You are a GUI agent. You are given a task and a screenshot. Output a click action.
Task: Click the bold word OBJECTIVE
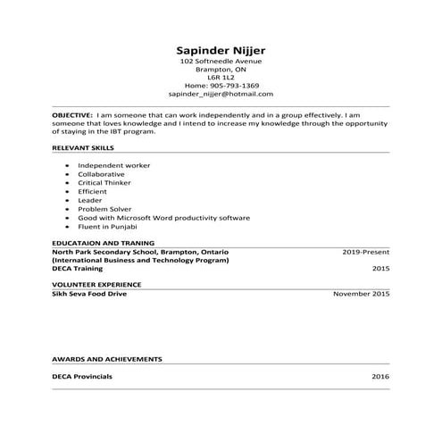72,115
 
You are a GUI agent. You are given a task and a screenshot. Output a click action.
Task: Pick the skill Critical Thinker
104,182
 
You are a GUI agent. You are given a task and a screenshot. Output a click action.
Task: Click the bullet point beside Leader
68,200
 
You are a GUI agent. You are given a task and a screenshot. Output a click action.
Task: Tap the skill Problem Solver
104,209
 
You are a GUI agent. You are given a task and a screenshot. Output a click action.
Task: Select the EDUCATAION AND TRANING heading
104,242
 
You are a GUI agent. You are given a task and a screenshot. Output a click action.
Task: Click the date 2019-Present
366,252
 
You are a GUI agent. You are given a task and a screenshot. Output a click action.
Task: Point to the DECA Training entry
78,268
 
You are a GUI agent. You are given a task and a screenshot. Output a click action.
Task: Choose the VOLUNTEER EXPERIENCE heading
96,284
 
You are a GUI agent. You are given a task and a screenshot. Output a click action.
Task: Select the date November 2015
362,293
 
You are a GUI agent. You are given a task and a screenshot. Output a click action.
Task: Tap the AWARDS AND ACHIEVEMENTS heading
107,358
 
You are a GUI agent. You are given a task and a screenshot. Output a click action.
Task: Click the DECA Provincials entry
82,377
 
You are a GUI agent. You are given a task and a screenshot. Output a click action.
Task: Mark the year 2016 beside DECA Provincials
380,377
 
